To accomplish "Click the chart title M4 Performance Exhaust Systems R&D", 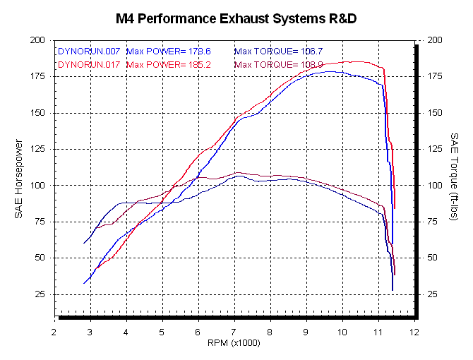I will [x=236, y=18].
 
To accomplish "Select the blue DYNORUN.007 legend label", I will [x=88, y=51].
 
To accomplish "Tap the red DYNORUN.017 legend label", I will [x=88, y=64].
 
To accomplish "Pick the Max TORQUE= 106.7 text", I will [x=278, y=51].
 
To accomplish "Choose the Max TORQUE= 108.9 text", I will [x=278, y=64].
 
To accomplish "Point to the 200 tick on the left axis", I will [x=37, y=41].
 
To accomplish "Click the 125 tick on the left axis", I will [x=37, y=150].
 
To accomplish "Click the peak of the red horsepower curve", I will [x=353, y=61].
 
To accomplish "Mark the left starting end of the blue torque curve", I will [x=84, y=244].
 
